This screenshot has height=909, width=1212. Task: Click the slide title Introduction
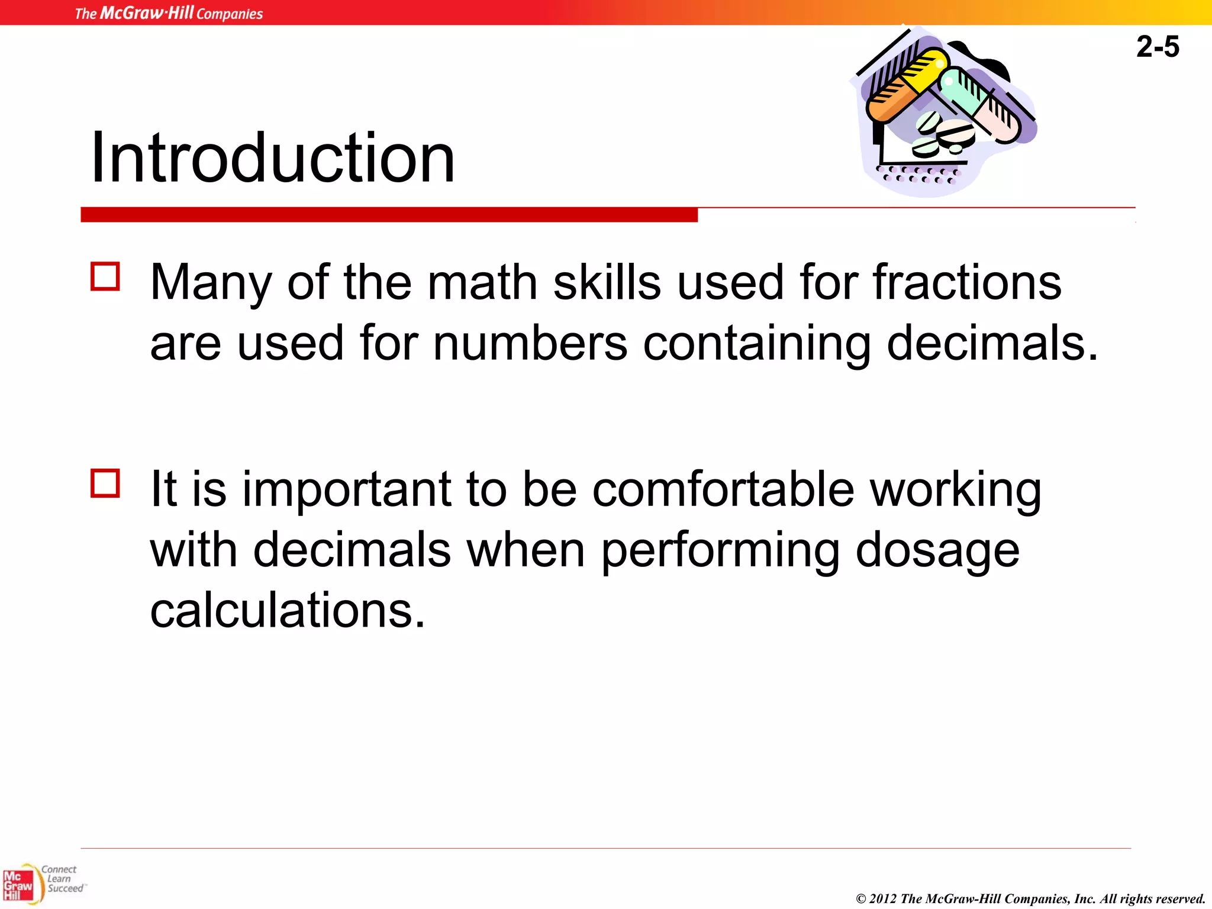[272, 157]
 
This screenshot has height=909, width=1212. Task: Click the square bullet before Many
[105, 276]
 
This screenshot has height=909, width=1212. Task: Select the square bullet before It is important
[105, 483]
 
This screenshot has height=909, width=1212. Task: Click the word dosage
[937, 550]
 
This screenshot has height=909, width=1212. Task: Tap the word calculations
[287, 610]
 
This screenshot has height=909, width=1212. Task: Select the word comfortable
[723, 489]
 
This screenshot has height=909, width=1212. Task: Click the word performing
[720, 550]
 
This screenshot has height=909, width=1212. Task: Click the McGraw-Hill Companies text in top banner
[169, 13]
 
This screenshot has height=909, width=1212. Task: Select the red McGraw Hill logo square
[18, 885]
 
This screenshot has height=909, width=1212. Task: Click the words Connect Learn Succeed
[62, 879]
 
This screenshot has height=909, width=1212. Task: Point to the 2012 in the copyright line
[883, 899]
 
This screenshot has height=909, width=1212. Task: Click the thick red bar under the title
[389, 215]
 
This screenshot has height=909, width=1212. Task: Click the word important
[347, 489]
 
